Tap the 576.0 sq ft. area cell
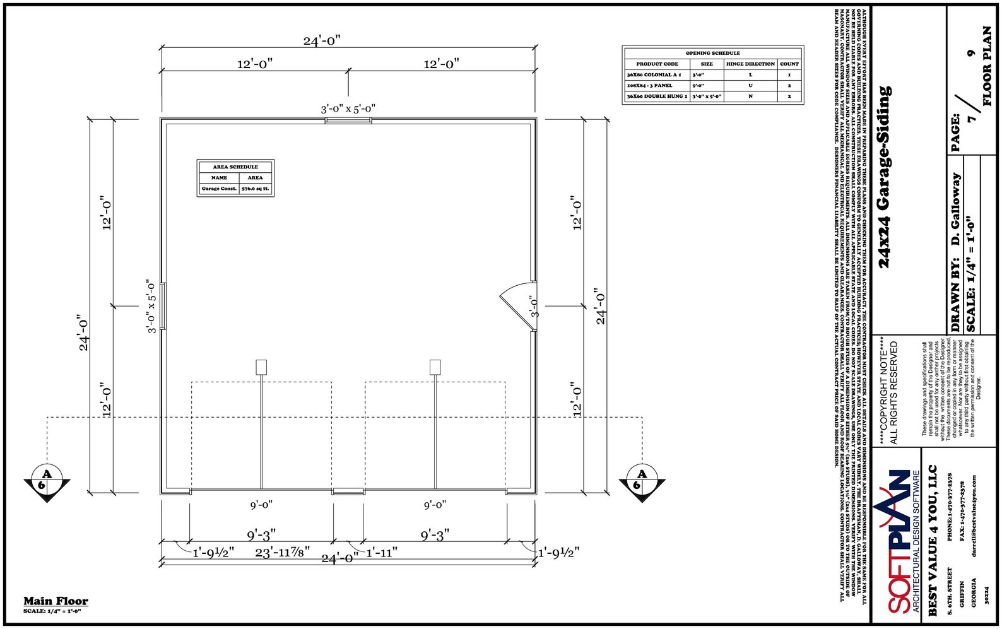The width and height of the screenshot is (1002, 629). click(x=255, y=189)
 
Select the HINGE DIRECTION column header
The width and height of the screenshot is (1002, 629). click(x=750, y=64)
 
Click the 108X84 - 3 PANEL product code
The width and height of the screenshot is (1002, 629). click(x=650, y=85)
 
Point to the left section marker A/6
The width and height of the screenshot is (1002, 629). click(x=47, y=483)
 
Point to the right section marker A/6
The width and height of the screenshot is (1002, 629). click(x=642, y=483)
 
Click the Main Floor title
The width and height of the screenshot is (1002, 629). click(x=56, y=601)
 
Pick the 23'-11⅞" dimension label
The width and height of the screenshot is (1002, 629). click(x=282, y=553)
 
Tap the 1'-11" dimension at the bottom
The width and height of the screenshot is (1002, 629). click(x=381, y=553)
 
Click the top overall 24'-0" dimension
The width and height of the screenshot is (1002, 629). click(x=322, y=41)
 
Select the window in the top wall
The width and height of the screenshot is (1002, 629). click(x=348, y=120)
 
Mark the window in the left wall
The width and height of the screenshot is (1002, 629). click(x=163, y=306)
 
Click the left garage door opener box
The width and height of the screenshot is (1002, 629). click(x=261, y=367)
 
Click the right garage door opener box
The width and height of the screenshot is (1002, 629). click(x=435, y=367)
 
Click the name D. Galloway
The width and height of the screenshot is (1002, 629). click(x=955, y=209)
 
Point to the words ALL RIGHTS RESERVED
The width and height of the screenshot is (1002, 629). click(x=893, y=392)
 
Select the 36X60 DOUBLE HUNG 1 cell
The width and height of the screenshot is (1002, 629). click(x=657, y=97)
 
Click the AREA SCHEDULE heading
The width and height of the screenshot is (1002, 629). click(x=235, y=167)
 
